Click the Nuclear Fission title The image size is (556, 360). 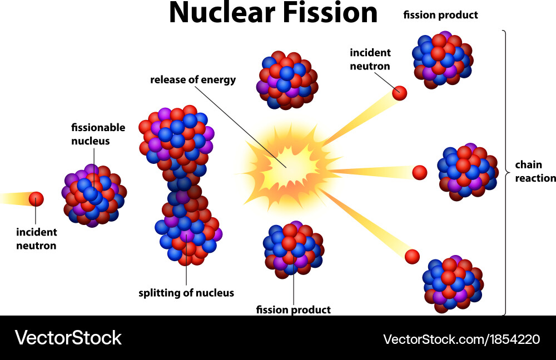pos(272,13)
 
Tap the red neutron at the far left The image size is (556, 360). pos(36,199)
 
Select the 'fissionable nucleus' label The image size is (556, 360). pos(98,134)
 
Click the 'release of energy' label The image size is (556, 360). pos(193,80)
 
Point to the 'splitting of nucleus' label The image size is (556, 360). pos(186,293)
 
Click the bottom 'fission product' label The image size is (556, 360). pos(293,309)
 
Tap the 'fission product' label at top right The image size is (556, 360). pos(440,15)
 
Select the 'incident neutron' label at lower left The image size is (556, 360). pos(36,238)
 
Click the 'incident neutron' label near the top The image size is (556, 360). pos(370,59)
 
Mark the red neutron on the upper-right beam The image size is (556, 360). pos(399,93)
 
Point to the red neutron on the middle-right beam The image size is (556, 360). pos(420,172)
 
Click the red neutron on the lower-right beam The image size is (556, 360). pos(411,256)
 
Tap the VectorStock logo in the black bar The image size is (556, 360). pos(68,338)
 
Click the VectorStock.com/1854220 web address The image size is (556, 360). pos(461,338)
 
